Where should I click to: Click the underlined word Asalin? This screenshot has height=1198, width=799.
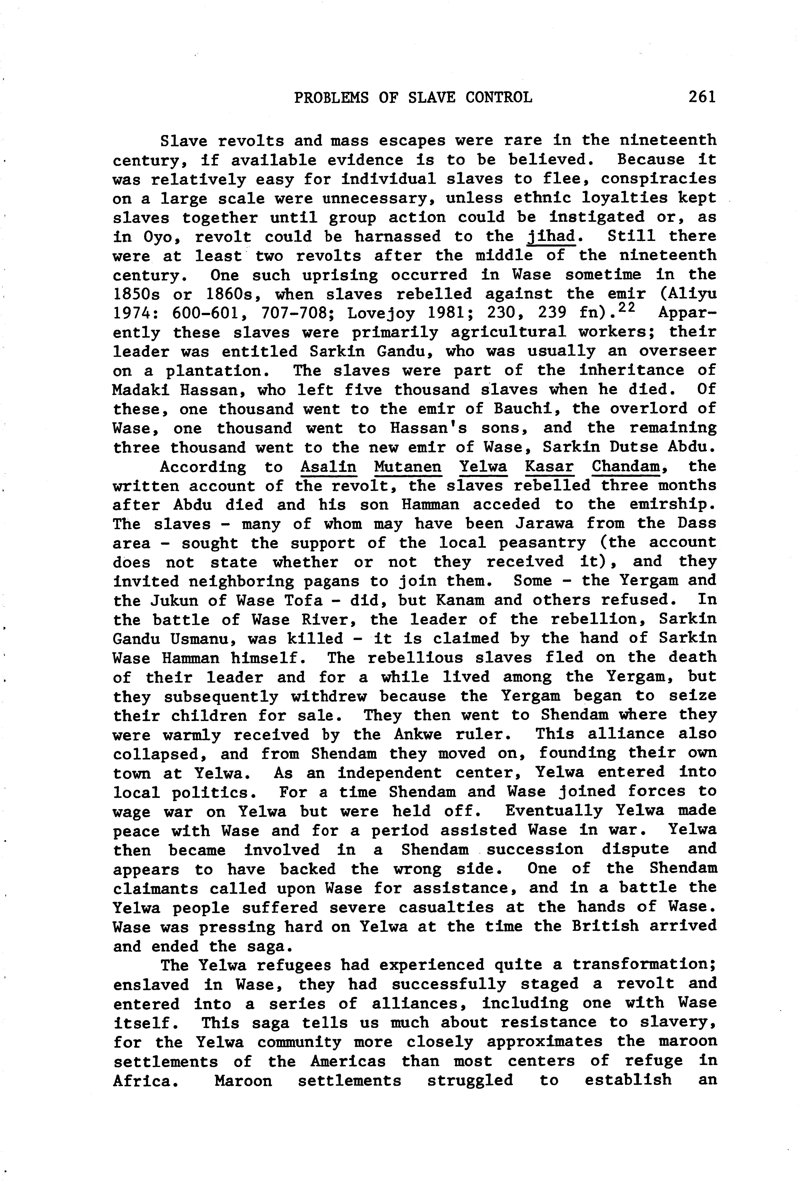(x=328, y=467)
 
